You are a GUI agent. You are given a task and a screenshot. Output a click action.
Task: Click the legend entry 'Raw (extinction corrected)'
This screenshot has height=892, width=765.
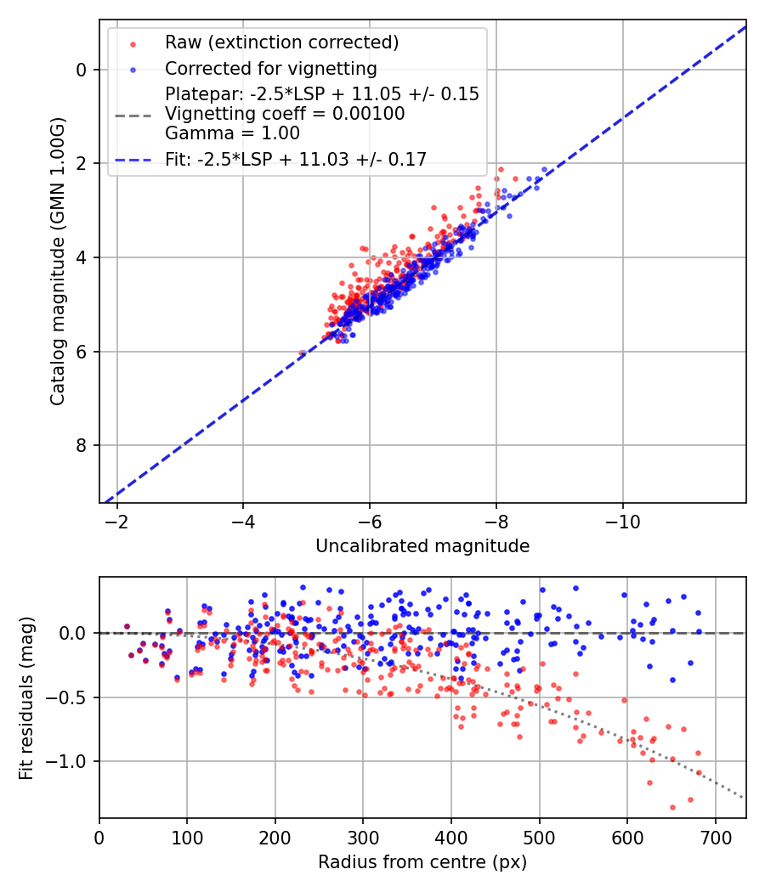click(281, 42)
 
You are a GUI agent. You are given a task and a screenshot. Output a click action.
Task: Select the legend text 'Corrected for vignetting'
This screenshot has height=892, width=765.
click(271, 68)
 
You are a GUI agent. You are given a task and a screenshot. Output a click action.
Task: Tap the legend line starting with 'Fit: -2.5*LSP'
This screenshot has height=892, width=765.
click(296, 158)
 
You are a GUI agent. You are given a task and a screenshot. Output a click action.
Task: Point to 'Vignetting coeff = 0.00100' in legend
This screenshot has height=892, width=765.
click(285, 113)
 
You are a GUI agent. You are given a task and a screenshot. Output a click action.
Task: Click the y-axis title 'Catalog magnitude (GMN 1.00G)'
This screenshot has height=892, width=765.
click(58, 262)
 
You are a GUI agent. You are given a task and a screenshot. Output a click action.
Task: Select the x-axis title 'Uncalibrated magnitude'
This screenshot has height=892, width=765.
click(422, 546)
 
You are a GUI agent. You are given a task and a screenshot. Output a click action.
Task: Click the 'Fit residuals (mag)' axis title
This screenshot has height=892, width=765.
click(26, 697)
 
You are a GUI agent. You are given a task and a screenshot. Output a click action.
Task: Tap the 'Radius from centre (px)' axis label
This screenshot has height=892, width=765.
click(422, 862)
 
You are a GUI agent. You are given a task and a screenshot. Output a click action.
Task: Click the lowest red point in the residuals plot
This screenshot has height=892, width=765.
click(672, 807)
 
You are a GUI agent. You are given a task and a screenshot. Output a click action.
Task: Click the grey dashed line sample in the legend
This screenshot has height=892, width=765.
click(133, 114)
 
